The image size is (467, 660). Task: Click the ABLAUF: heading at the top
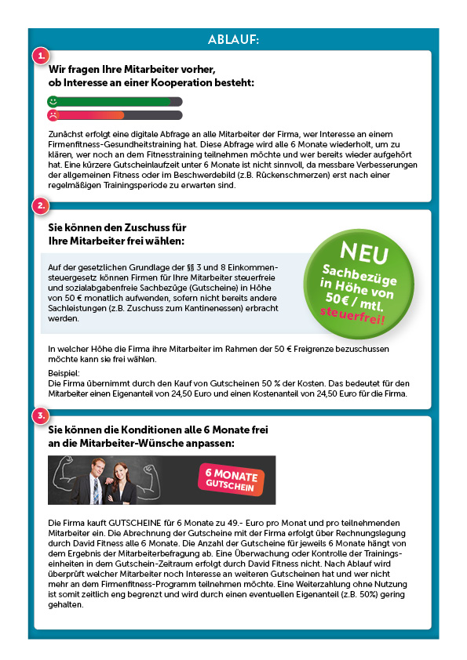point(233,39)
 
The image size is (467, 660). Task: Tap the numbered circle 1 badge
point(41,56)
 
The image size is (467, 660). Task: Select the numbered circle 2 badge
point(41,206)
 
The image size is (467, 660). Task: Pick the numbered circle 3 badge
point(41,415)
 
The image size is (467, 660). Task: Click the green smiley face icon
point(53,101)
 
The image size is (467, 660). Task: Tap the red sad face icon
point(53,115)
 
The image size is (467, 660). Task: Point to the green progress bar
point(114,101)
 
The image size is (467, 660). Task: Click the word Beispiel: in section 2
point(65,374)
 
